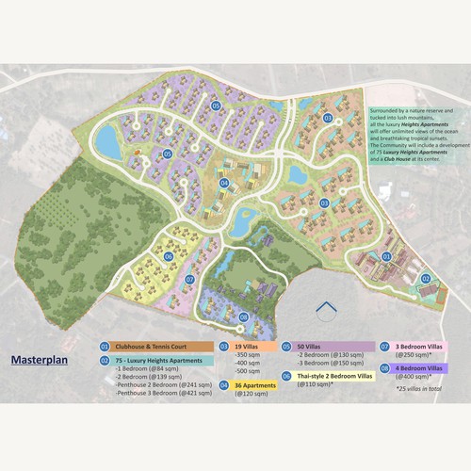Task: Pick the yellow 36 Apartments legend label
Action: tap(255, 384)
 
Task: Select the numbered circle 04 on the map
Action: tap(224, 183)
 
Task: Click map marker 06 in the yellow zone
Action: tap(168, 256)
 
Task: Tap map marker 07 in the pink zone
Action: tap(189, 280)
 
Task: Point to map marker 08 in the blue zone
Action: tap(243, 317)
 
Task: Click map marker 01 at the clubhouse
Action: tap(385, 256)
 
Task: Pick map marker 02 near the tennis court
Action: tap(425, 278)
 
